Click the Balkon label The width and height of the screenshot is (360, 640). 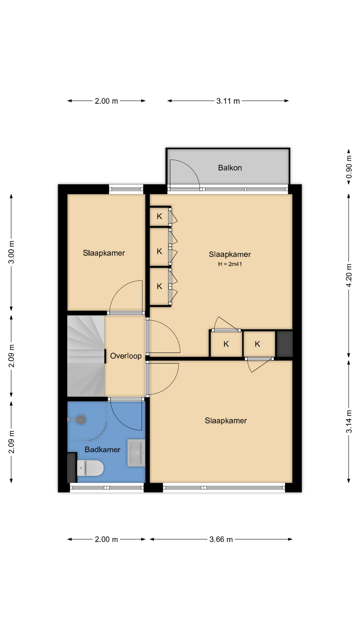click(x=230, y=168)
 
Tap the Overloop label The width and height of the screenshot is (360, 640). click(x=126, y=356)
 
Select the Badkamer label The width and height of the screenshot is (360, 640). click(x=102, y=450)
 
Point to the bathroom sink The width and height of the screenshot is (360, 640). click(x=136, y=453)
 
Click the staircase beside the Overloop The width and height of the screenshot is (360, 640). click(x=86, y=356)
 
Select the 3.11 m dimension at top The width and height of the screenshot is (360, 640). click(x=228, y=101)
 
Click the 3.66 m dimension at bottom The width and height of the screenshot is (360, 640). click(x=221, y=539)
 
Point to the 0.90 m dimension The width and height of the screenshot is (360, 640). click(x=349, y=167)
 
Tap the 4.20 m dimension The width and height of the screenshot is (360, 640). click(x=349, y=275)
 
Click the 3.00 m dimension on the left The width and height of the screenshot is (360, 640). click(x=11, y=252)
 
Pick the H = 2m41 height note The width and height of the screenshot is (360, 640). click(x=230, y=264)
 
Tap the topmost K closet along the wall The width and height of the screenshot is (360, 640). click(x=159, y=216)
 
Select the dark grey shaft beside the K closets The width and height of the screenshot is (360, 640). click(x=284, y=344)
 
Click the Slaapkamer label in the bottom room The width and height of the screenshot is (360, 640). click(x=226, y=421)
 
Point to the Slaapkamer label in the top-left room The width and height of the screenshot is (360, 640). click(x=104, y=253)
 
